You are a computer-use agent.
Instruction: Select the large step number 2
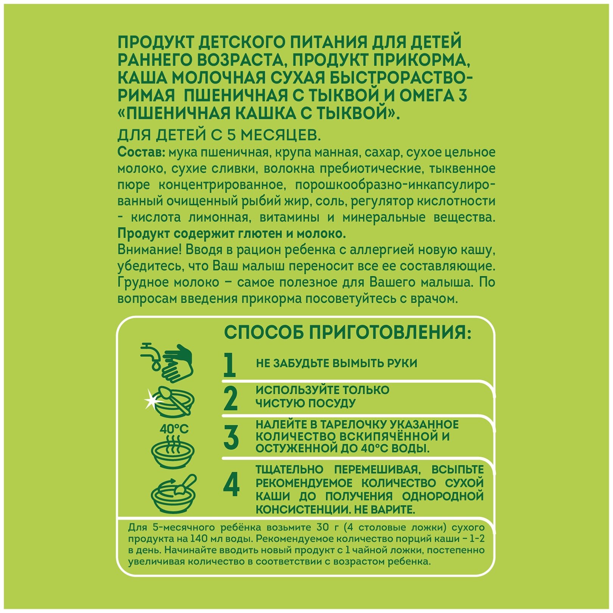click(230, 398)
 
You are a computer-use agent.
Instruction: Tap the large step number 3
click(231, 437)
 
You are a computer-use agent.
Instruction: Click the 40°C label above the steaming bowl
click(174, 429)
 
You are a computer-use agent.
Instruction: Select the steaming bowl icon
click(173, 452)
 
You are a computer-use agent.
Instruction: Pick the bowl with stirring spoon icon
click(174, 493)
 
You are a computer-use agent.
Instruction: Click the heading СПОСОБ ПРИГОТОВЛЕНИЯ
click(348, 333)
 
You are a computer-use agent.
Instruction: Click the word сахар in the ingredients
click(381, 152)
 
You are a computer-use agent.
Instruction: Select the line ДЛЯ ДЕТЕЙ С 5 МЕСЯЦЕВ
click(216, 135)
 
